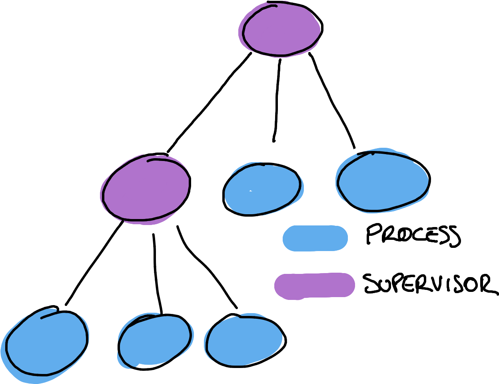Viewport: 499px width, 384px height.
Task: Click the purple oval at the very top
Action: [x=280, y=30]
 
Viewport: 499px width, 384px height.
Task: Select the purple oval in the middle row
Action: [x=145, y=188]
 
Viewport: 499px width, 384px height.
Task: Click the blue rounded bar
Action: [x=315, y=238]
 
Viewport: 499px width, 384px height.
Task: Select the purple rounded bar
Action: [x=314, y=285]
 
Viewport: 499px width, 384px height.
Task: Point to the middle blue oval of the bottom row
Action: [x=155, y=340]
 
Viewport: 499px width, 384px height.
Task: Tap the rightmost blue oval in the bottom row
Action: [x=244, y=340]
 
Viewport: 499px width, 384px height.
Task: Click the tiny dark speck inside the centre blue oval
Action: [x=250, y=191]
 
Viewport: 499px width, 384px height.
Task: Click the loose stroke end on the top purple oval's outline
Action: [x=276, y=6]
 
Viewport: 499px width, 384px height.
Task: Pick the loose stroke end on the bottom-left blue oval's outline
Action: [x=42, y=318]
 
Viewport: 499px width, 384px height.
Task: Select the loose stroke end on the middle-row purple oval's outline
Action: [x=148, y=161]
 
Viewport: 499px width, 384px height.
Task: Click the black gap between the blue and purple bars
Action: [x=315, y=262]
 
